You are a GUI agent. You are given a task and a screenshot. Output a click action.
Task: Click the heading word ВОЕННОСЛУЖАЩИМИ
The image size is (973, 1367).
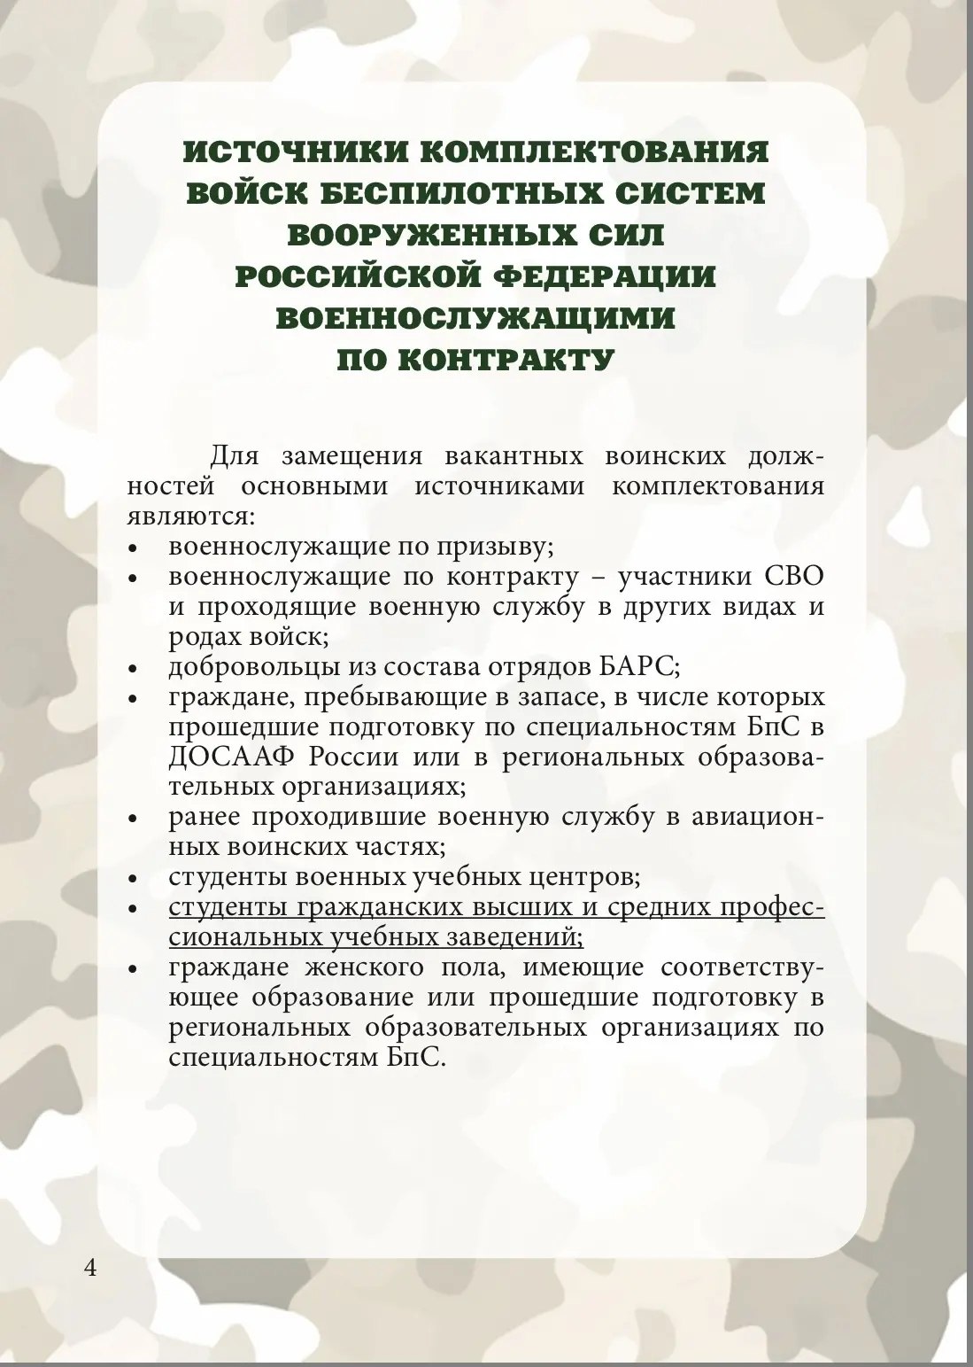tap(475, 318)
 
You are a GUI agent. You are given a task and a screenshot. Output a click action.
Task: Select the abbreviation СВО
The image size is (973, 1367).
tap(793, 576)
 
